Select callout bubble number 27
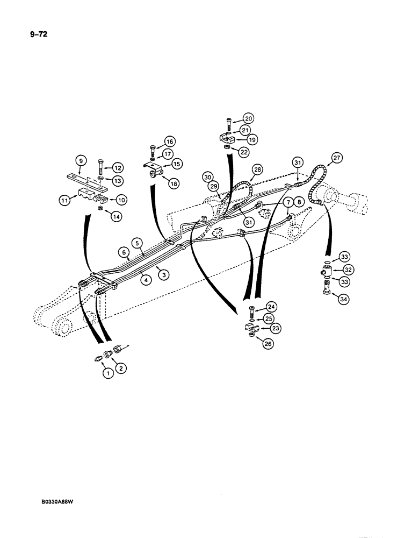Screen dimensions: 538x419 click(337, 158)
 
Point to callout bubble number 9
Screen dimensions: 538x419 click(80, 160)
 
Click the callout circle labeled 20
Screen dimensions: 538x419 click(248, 118)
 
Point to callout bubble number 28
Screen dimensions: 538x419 click(257, 169)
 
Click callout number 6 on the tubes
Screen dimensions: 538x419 click(124, 252)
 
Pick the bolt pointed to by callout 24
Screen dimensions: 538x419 click(250, 312)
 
